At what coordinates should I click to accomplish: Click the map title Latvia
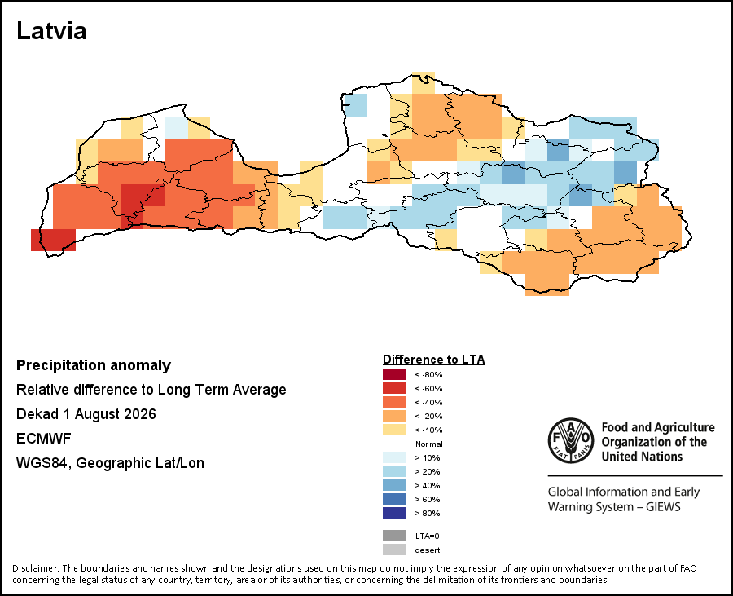[51, 31]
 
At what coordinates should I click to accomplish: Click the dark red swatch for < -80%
[394, 374]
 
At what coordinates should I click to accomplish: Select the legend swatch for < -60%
[394, 388]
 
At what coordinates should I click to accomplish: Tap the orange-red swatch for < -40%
[394, 402]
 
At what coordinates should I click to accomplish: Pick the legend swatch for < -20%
[394, 416]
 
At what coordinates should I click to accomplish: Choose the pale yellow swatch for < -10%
[394, 430]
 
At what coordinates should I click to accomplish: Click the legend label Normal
[428, 444]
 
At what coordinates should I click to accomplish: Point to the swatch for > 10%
[394, 457]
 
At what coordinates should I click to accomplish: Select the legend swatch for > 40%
[394, 485]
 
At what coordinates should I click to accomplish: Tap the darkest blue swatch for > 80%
[394, 513]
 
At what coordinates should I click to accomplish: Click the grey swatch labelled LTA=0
[394, 536]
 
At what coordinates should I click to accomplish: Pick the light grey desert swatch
[394, 550]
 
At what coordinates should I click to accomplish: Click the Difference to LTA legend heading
[433, 360]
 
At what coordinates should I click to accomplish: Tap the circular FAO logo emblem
[571, 440]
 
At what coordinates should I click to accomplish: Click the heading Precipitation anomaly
[94, 365]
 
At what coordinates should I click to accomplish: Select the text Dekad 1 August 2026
[86, 414]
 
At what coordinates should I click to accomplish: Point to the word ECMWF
[43, 439]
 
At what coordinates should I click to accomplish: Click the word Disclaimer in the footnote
[35, 568]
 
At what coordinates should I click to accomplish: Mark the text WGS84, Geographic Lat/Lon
[110, 463]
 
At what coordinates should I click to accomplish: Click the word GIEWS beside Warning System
[663, 507]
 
